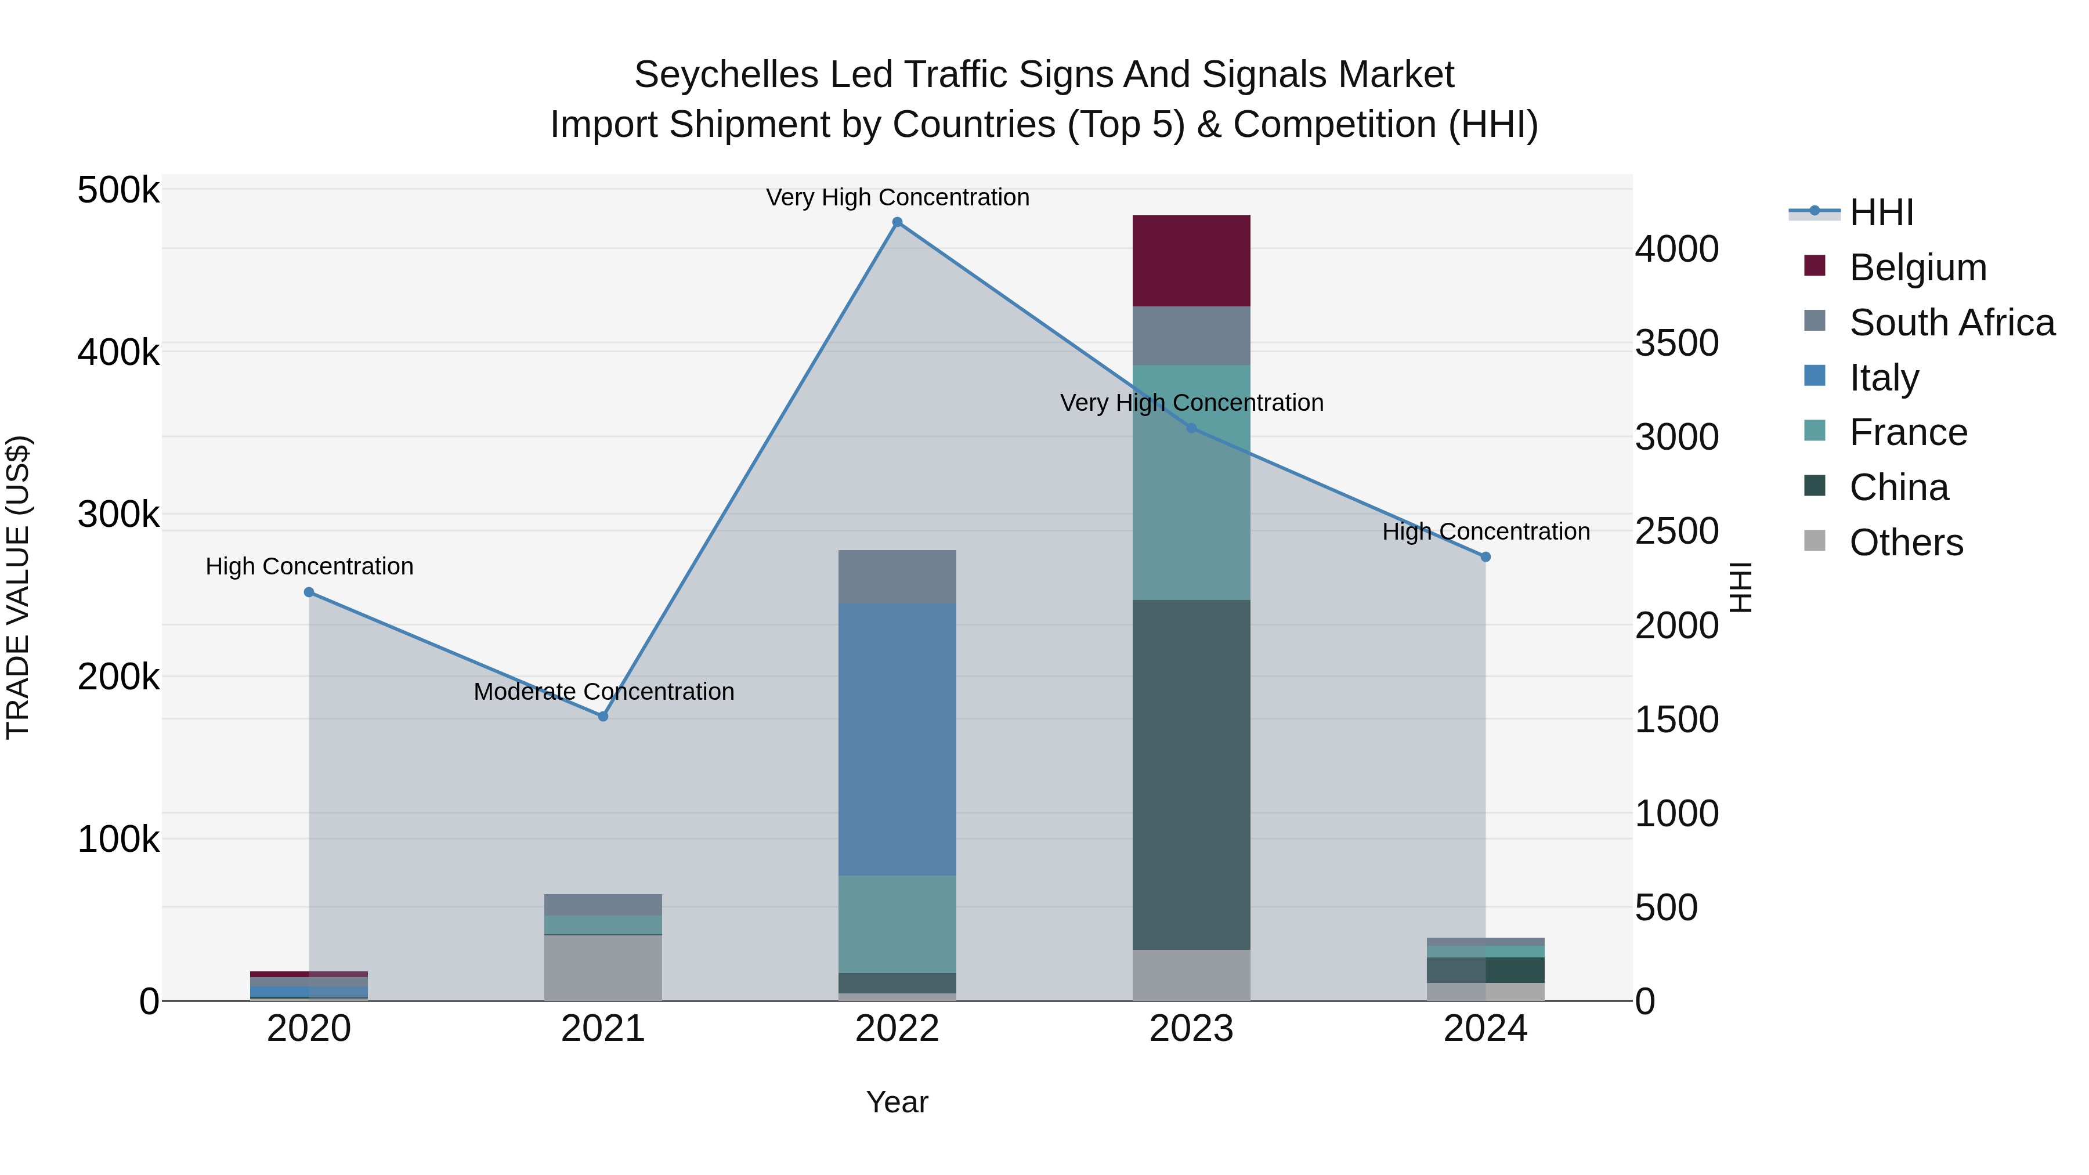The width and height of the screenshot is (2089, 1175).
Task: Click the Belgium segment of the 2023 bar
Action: [x=1191, y=261]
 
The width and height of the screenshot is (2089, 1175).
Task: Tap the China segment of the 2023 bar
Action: [x=1191, y=775]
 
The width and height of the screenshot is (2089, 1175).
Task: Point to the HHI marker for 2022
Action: [x=897, y=222]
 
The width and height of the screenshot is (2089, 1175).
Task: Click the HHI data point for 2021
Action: [x=602, y=716]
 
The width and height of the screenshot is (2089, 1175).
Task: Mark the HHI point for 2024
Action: [x=1485, y=557]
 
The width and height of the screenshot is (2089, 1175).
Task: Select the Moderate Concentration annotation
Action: [x=603, y=692]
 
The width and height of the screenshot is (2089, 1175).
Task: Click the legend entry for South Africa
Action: [x=1951, y=323]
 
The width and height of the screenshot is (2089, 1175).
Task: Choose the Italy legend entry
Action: [x=1883, y=378]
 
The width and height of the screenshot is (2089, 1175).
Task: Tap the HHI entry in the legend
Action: [x=1881, y=212]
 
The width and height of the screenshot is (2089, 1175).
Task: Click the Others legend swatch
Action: [x=1814, y=541]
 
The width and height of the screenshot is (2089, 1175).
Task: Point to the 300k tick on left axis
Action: [x=118, y=514]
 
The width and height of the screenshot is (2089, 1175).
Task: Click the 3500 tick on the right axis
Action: [x=1675, y=343]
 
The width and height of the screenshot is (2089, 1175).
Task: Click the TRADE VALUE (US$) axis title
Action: [x=18, y=587]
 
